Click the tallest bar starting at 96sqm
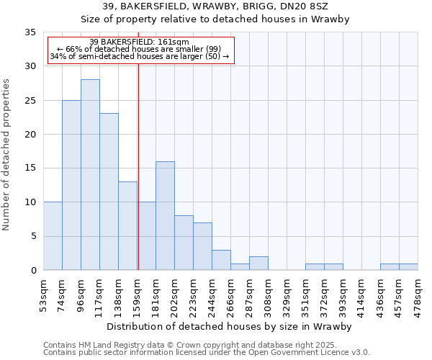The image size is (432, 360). click(x=90, y=175)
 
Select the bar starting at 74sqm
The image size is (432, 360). click(x=71, y=185)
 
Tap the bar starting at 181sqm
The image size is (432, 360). click(x=165, y=216)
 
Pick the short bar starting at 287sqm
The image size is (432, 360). click(x=258, y=264)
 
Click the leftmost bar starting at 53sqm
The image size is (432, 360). click(x=53, y=236)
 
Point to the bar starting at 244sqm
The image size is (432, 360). click(x=221, y=260)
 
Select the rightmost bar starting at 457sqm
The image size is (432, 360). click(x=408, y=267)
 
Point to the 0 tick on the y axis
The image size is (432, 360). click(x=32, y=271)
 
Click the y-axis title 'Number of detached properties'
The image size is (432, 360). click(x=7, y=155)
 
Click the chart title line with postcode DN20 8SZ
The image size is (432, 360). click(x=215, y=6)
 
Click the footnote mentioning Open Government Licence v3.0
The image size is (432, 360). click(x=207, y=352)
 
